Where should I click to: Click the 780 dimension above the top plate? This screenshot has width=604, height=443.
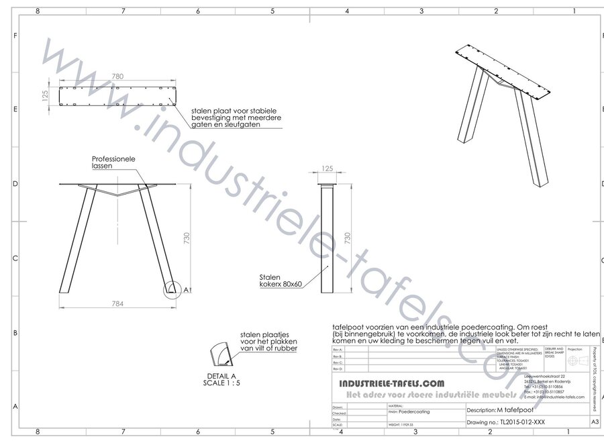point(117,77)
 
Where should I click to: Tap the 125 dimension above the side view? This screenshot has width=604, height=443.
point(328,168)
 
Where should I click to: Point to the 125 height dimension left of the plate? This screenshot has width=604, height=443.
point(45,96)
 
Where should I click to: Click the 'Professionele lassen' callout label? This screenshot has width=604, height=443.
point(114,162)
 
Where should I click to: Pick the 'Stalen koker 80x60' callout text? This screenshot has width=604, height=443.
point(281,280)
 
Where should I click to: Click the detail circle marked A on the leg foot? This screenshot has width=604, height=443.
point(172,289)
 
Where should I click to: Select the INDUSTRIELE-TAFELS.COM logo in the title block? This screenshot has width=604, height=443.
point(389,383)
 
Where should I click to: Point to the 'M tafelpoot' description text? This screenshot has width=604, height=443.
point(517,410)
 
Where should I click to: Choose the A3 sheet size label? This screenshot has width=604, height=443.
point(594,422)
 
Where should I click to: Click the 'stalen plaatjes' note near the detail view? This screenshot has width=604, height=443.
point(269,341)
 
